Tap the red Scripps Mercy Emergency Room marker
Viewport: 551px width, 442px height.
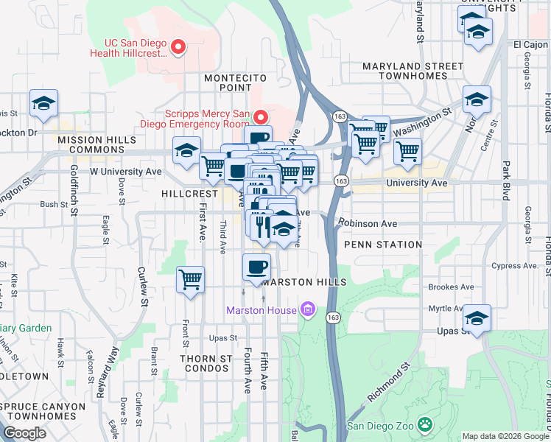click(x=260, y=117)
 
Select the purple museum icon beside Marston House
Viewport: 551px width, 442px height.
click(x=309, y=309)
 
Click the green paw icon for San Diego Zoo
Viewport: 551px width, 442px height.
click(x=425, y=424)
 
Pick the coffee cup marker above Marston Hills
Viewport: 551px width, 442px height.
click(x=256, y=267)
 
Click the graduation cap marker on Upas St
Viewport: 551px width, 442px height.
click(x=477, y=318)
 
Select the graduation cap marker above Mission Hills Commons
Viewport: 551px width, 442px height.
click(x=43, y=104)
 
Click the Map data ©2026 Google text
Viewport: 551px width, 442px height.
click(x=505, y=437)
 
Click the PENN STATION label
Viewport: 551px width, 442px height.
click(x=383, y=244)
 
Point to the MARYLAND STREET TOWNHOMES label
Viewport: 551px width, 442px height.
click(x=413, y=71)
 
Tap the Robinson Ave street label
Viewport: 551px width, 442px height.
click(x=368, y=223)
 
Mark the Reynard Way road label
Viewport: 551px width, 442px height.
click(x=108, y=372)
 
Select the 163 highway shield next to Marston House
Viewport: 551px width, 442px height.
click(x=334, y=317)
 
